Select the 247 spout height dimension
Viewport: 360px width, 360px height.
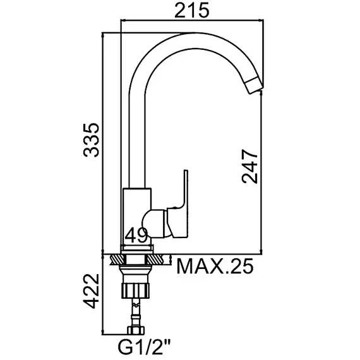tap(249, 166)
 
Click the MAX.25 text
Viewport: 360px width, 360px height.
tap(214, 267)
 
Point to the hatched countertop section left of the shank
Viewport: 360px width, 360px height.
tap(117, 259)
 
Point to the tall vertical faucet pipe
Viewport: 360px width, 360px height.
tap(138, 139)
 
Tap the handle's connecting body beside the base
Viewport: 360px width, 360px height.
tap(162, 223)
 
